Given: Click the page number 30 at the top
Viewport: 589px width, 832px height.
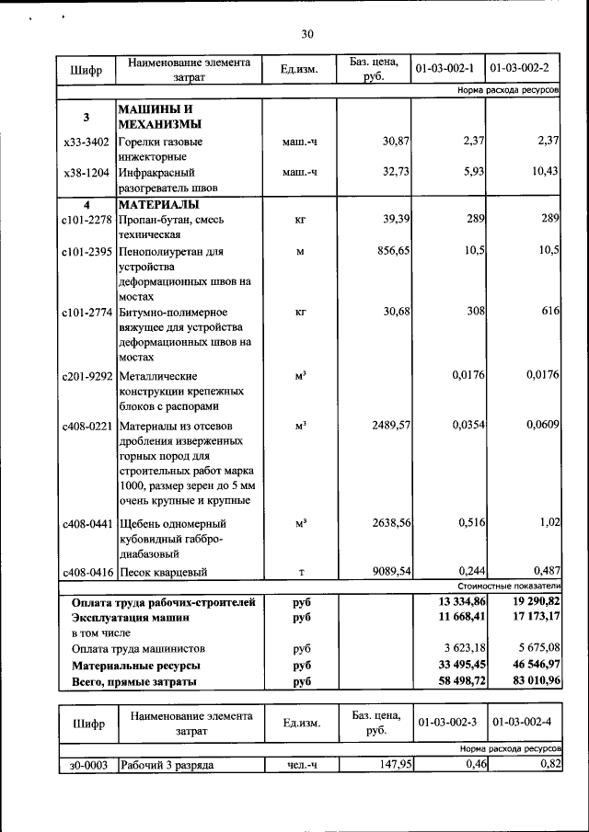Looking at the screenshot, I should pyautogui.click(x=307, y=34).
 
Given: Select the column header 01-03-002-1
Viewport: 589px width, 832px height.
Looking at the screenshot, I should pyautogui.click(x=445, y=69).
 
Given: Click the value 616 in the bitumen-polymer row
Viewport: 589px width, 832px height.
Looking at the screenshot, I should pyautogui.click(x=550, y=311).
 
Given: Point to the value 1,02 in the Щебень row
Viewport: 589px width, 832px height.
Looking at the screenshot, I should pyautogui.click(x=548, y=522).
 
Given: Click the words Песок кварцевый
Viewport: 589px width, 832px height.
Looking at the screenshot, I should pyautogui.click(x=163, y=572).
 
